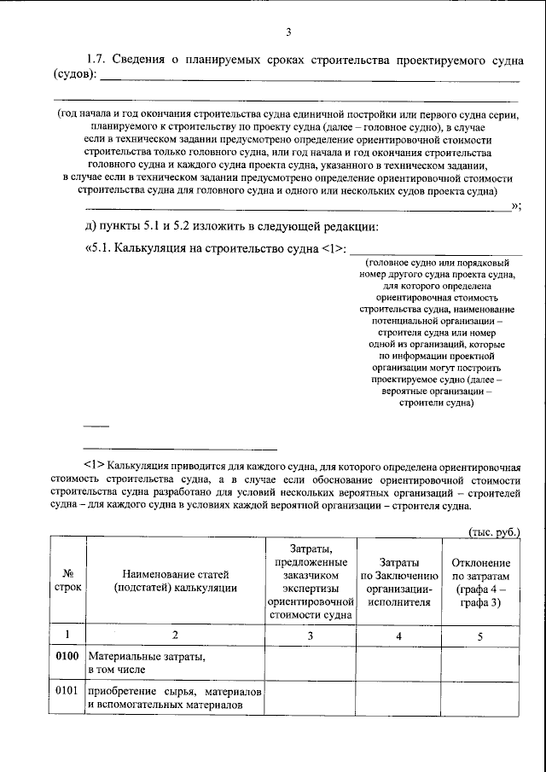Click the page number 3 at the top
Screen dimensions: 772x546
click(289, 33)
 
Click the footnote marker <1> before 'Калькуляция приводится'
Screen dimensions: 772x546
click(94, 465)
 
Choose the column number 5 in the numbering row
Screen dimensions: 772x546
click(479, 635)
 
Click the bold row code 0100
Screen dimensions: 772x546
click(67, 657)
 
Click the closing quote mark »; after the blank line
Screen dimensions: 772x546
click(514, 206)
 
